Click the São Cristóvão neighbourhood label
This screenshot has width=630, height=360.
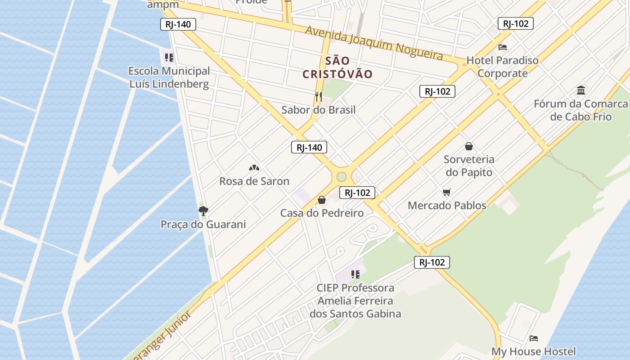(x=337, y=67)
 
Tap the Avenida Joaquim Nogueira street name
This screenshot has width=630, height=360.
(x=374, y=43)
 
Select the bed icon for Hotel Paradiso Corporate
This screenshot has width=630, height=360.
(x=503, y=47)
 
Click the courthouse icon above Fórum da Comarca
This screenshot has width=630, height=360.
(x=580, y=90)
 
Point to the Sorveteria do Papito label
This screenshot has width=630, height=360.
(x=469, y=166)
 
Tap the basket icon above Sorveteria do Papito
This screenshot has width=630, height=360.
(x=469, y=146)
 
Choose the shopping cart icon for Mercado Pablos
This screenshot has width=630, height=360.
(x=446, y=193)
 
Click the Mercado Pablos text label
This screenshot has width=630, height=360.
(x=447, y=205)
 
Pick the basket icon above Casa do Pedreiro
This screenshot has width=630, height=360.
(x=322, y=200)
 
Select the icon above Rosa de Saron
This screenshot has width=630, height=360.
(x=254, y=168)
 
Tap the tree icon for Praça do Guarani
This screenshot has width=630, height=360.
(x=203, y=211)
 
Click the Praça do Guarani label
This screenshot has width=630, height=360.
(x=203, y=224)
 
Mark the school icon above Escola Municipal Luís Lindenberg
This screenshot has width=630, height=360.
(x=169, y=58)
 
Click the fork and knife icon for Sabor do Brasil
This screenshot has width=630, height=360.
(x=319, y=96)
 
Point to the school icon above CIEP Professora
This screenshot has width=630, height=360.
(x=355, y=274)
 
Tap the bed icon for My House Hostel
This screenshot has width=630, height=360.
(x=534, y=338)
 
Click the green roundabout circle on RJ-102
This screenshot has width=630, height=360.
(x=341, y=176)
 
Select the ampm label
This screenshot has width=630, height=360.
(x=163, y=5)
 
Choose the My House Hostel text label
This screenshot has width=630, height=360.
(x=533, y=351)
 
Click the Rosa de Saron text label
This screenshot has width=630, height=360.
(x=254, y=181)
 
